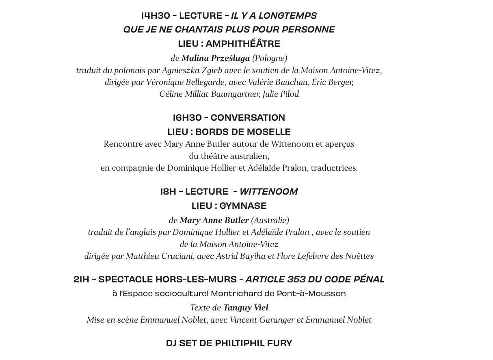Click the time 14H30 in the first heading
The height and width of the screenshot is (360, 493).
tap(156, 16)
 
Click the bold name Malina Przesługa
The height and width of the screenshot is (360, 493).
tap(216, 58)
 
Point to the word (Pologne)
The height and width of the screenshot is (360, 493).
tap(270, 58)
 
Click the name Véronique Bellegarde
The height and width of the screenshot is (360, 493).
tap(185, 82)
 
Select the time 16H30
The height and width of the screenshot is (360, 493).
tap(187, 118)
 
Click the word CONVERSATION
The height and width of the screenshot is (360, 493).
tap(248, 118)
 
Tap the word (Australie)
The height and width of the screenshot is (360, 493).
tap(270, 220)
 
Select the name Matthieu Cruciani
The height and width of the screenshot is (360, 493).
tap(160, 256)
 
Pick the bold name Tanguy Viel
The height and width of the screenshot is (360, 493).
tap(246, 308)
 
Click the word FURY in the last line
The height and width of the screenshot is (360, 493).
tap(279, 343)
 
